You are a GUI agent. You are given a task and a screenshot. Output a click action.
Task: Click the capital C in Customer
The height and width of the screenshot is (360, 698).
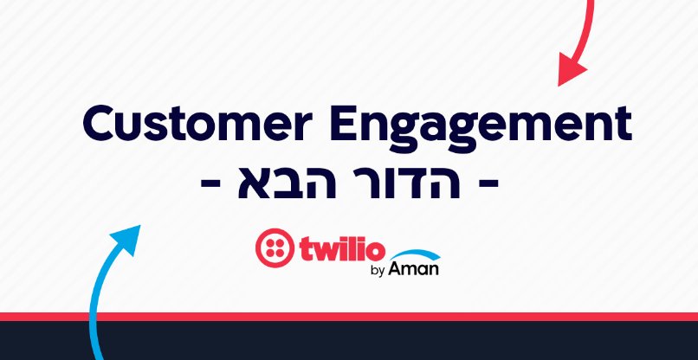pos(101,125)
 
